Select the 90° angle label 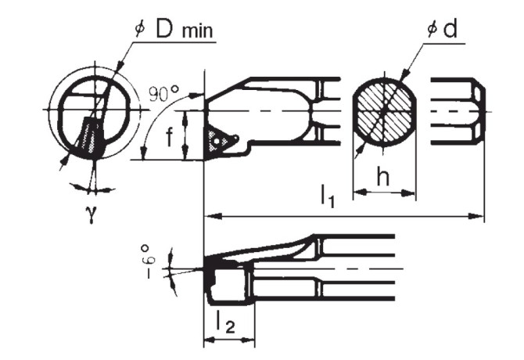coord(163,94)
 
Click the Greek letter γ coord(91,214)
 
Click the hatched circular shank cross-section coord(383,111)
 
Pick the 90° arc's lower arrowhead coord(142,157)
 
